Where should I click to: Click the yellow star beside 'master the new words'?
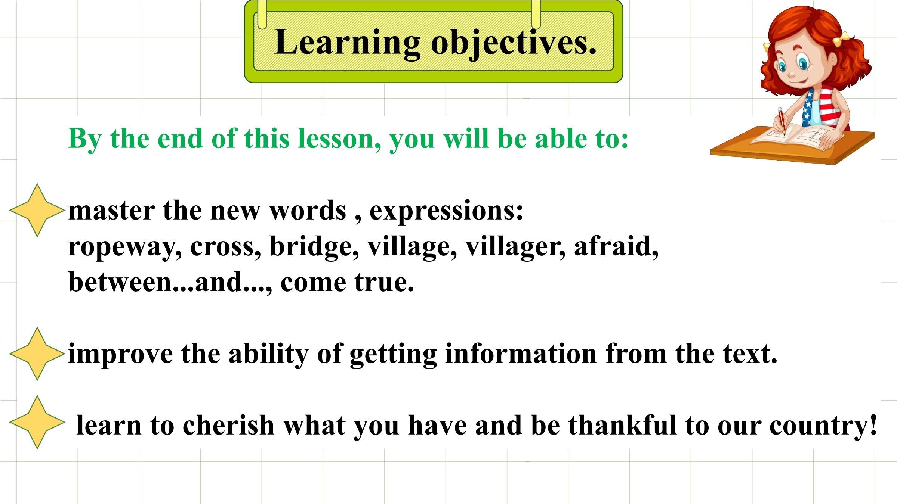(37, 210)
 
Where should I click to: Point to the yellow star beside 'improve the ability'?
(37, 354)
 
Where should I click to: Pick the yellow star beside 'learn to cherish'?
(37, 422)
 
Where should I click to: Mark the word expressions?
(446, 211)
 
